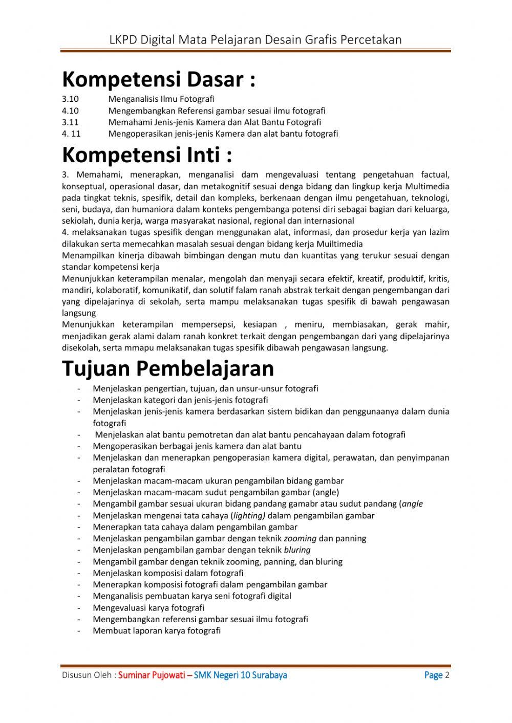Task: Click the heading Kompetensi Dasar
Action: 158,80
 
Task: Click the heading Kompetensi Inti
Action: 147,155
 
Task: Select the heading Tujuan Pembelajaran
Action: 168,368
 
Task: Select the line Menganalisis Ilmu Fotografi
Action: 161,99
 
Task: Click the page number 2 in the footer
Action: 447,675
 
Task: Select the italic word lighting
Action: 248,516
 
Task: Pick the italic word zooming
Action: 300,538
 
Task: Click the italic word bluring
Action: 297,550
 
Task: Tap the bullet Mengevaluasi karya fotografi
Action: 148,608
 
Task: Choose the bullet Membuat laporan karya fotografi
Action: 157,631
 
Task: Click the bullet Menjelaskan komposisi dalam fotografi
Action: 168,573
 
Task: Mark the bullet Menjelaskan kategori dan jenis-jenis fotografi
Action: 180,400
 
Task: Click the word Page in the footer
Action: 433,675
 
